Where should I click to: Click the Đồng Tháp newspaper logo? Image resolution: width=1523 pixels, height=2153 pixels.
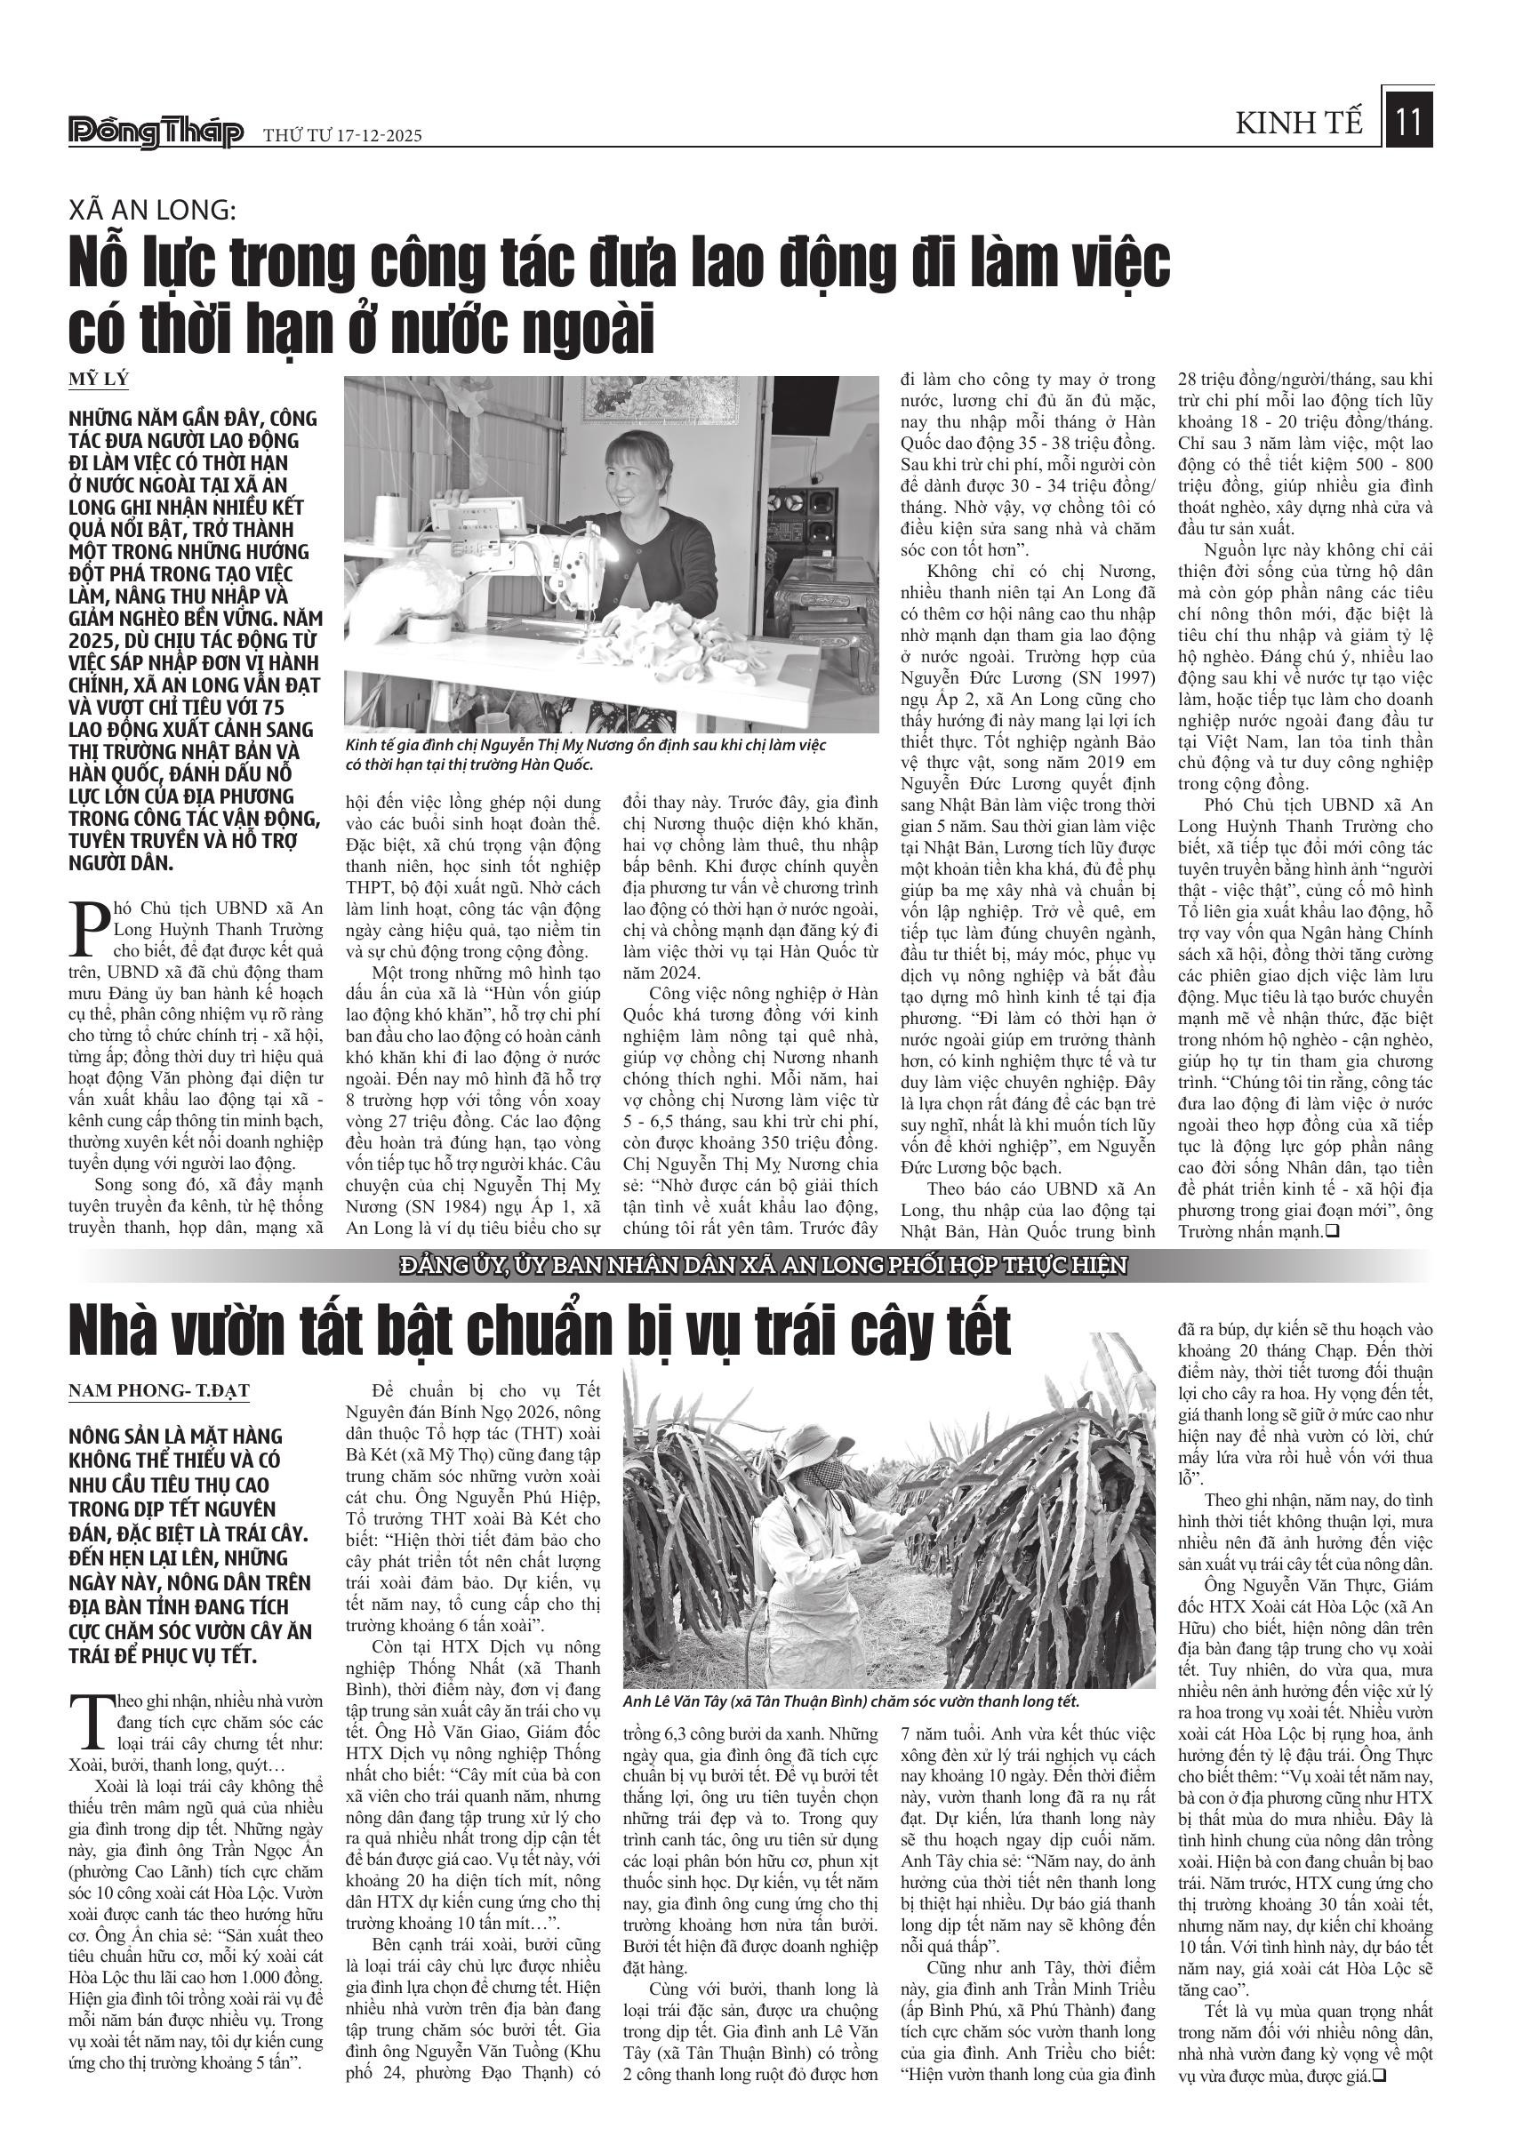156,133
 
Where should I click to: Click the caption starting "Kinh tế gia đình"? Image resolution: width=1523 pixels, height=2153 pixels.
584,753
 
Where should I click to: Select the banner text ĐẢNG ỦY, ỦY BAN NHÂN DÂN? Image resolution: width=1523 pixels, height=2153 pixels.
761,1266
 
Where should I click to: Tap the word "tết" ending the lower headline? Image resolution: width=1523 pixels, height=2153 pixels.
971,1333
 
